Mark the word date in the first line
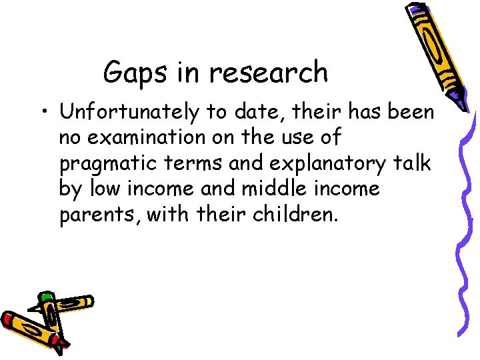258,113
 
